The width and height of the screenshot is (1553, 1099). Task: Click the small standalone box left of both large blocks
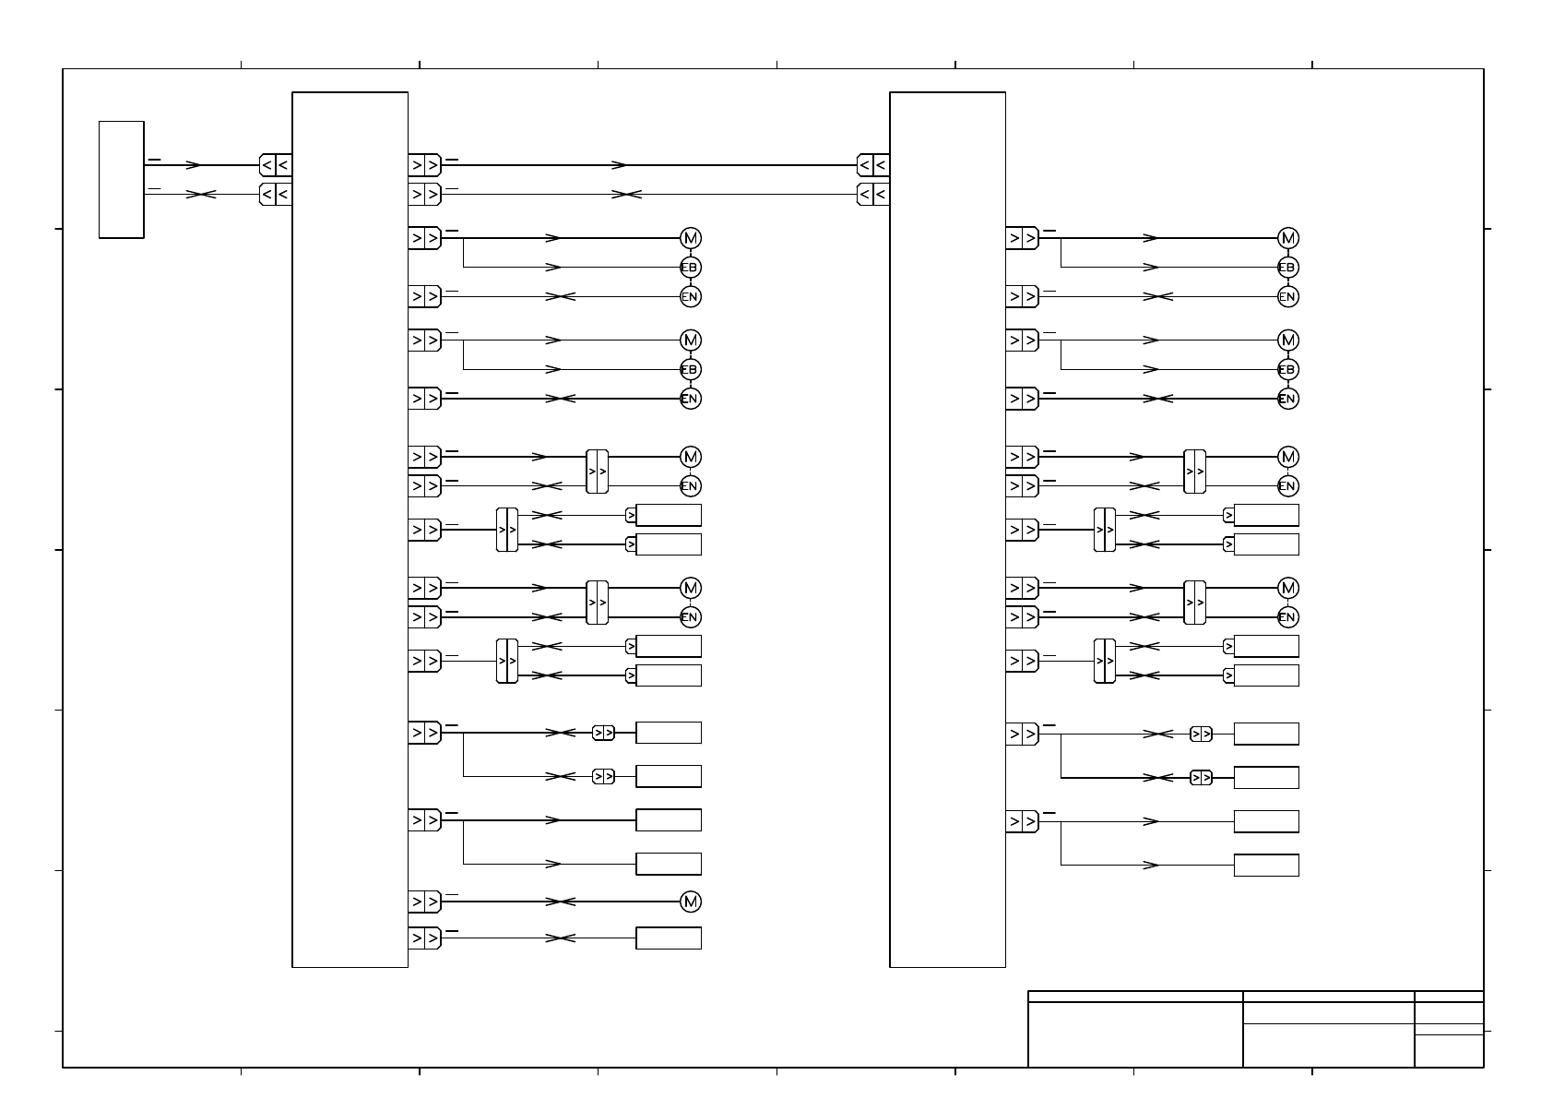(x=121, y=179)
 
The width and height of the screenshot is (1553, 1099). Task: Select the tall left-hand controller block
(x=350, y=529)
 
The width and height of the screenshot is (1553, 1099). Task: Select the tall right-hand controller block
(x=947, y=529)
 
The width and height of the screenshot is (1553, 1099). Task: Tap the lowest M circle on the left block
(x=691, y=902)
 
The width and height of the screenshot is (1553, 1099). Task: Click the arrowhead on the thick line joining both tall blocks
(x=620, y=166)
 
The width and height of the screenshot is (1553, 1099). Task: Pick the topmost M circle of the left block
(x=691, y=238)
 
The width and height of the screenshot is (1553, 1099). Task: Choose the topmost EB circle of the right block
(x=1288, y=268)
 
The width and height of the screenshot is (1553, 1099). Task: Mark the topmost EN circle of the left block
(x=691, y=297)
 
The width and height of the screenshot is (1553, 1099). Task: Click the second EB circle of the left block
(x=691, y=370)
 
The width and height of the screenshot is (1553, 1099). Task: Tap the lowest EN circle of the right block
(x=1288, y=617)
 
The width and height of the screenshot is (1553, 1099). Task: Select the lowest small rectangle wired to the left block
(x=669, y=938)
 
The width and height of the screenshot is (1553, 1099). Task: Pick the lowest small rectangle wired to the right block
(x=1266, y=866)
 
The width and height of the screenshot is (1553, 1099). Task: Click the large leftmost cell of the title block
(x=1135, y=1034)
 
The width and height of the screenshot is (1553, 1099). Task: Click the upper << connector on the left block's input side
(x=275, y=165)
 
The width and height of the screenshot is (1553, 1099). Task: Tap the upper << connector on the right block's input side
(x=872, y=165)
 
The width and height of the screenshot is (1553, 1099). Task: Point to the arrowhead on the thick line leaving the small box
(x=194, y=166)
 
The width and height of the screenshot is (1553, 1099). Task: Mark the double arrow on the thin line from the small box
(x=201, y=195)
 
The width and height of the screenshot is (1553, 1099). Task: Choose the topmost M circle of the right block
(x=1288, y=238)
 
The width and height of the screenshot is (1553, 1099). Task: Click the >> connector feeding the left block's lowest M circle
(x=424, y=902)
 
